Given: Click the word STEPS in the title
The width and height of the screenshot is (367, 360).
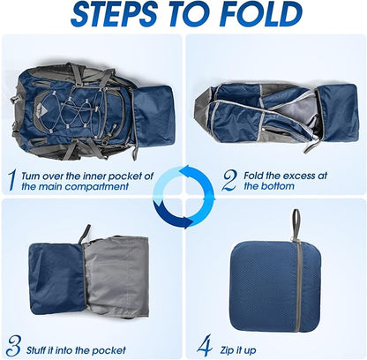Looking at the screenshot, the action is pos(114,13).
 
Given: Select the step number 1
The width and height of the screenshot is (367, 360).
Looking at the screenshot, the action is pos(11,180).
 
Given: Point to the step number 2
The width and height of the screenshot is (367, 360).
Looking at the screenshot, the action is pos(229,180).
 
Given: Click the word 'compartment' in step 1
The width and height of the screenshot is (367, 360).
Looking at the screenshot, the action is pos(96,186).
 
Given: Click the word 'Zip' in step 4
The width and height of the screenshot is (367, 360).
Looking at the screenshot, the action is pos(227,350).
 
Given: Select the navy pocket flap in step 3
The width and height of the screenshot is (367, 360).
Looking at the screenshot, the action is pos(56,280).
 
